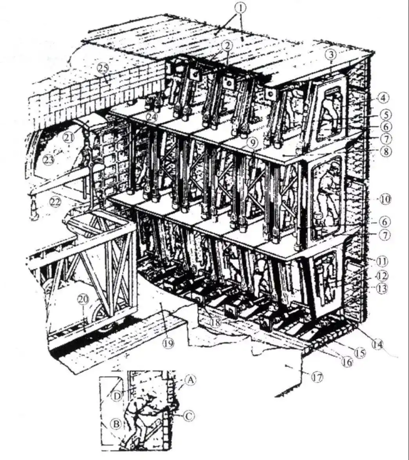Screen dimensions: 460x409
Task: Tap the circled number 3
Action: (x=332, y=54)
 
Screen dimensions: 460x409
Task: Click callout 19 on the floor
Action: (x=168, y=342)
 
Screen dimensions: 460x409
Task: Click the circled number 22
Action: (x=55, y=201)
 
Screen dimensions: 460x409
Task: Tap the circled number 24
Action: (x=151, y=117)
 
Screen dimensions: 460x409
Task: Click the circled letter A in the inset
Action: (x=190, y=380)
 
